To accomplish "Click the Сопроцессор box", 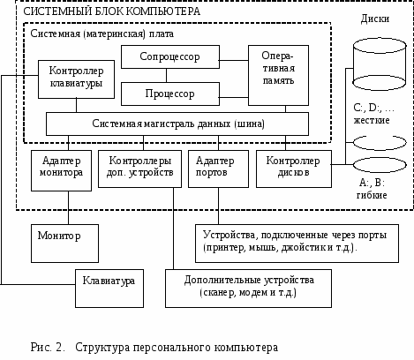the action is [x=170, y=56].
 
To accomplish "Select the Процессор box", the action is [x=170, y=94].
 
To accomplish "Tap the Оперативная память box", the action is [x=278, y=75].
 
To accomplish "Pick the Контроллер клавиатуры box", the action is [x=76, y=79].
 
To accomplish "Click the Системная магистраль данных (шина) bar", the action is [x=177, y=124].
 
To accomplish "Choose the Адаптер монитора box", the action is [x=61, y=170].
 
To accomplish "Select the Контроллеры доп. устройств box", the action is [x=139, y=169].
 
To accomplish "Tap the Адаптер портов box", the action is [x=218, y=169].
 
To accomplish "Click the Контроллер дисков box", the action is [x=294, y=169].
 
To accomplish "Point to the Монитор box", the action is [x=64, y=244].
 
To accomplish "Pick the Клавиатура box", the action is [x=109, y=289].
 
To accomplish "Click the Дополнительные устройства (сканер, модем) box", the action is [x=248, y=289].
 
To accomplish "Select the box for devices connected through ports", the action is [x=297, y=244].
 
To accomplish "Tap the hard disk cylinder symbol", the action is [x=380, y=64].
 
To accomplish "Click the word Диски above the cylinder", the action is [x=375, y=19].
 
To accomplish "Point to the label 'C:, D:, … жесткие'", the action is [x=373, y=114].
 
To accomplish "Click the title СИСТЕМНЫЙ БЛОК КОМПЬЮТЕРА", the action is [x=111, y=11].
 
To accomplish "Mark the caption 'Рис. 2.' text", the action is [x=48, y=348].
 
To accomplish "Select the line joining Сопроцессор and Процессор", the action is [x=166, y=75].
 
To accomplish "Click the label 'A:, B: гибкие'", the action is [x=372, y=189].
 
